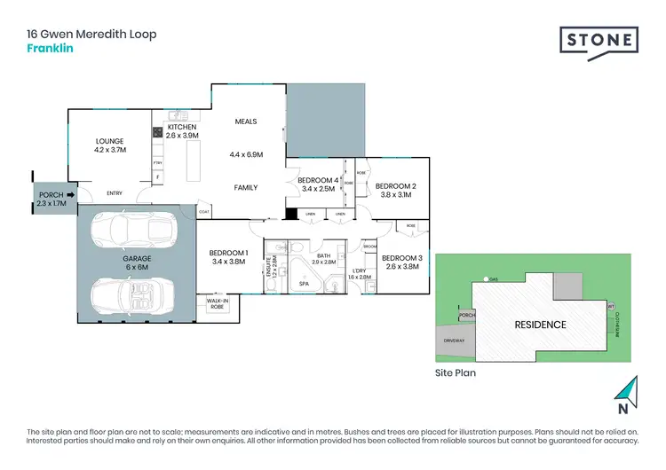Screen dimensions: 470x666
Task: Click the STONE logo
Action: [599, 40]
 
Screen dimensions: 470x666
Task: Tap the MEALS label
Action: [246, 121]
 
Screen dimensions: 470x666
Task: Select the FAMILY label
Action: [246, 187]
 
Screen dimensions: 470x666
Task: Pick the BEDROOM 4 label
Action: [318, 184]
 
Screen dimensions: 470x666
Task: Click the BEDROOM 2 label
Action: [397, 190]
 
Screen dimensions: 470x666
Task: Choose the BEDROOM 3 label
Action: [401, 262]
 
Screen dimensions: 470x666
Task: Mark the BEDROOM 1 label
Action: [228, 258]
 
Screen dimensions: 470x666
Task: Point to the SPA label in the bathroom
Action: [304, 284]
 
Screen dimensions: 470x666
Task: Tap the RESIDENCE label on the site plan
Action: [540, 325]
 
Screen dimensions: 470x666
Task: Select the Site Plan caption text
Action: [455, 373]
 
